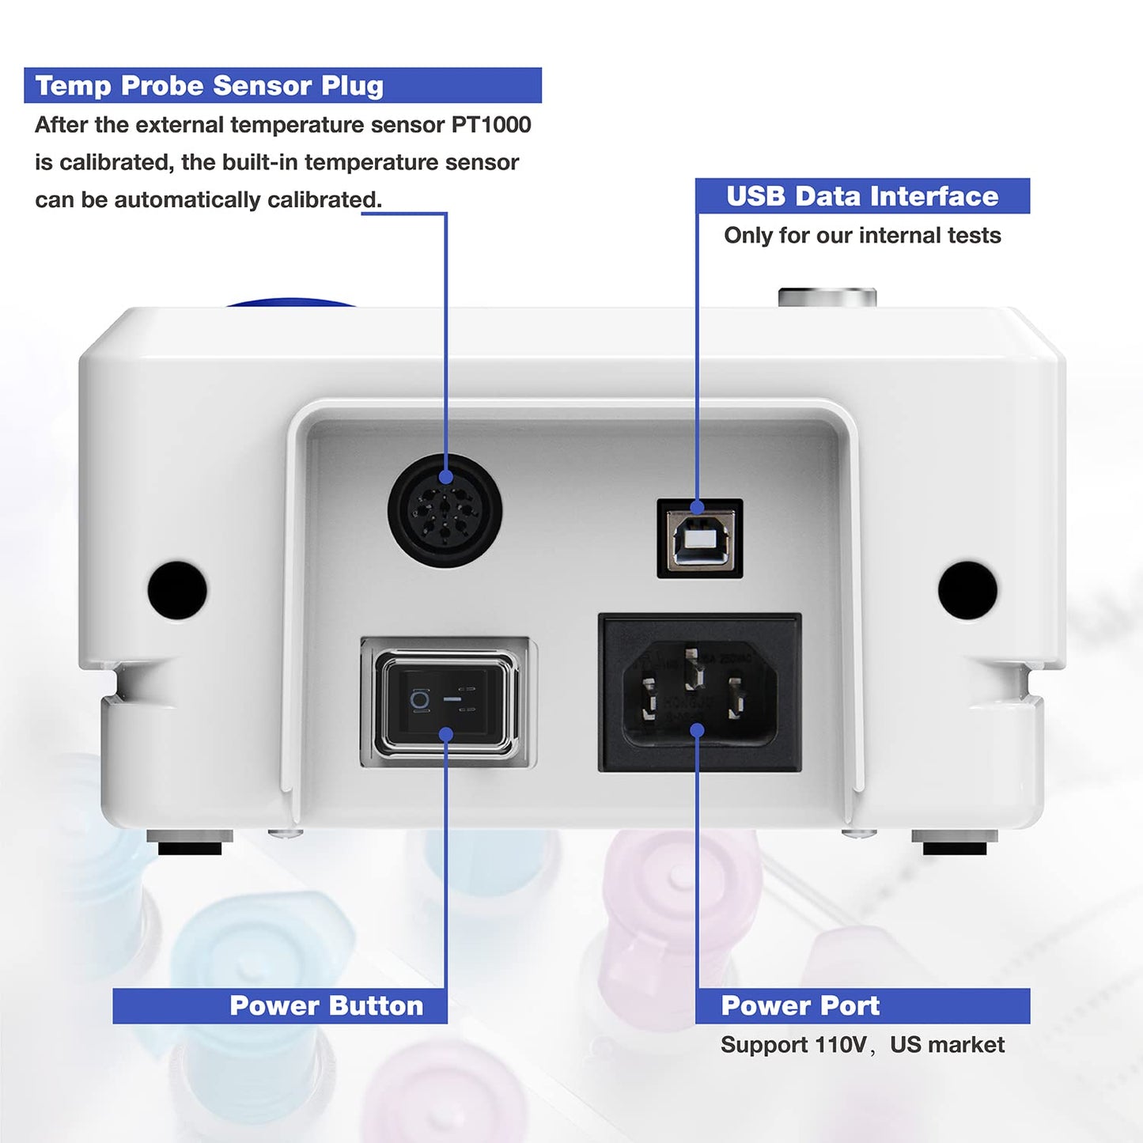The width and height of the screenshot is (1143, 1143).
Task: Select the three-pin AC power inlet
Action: (699, 692)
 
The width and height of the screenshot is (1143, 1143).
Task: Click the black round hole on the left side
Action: (177, 590)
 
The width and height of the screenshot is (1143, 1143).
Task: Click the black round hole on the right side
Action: (967, 590)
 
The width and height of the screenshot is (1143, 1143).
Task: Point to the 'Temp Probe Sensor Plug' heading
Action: (210, 85)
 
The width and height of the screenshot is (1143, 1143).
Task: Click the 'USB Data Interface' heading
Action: (862, 196)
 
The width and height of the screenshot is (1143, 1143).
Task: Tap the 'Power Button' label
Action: (326, 1005)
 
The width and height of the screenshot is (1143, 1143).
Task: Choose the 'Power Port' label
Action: (800, 1005)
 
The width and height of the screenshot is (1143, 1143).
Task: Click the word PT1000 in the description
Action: (491, 125)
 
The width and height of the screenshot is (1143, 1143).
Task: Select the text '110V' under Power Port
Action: (840, 1045)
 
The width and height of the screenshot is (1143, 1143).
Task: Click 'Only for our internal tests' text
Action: (862, 236)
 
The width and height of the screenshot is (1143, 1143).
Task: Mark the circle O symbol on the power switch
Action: (419, 699)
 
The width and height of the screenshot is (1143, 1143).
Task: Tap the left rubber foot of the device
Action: (190, 844)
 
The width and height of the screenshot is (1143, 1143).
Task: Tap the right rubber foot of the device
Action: (955, 844)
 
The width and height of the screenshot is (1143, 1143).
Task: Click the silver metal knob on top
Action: (827, 297)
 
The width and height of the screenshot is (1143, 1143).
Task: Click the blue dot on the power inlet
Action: (697, 729)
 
